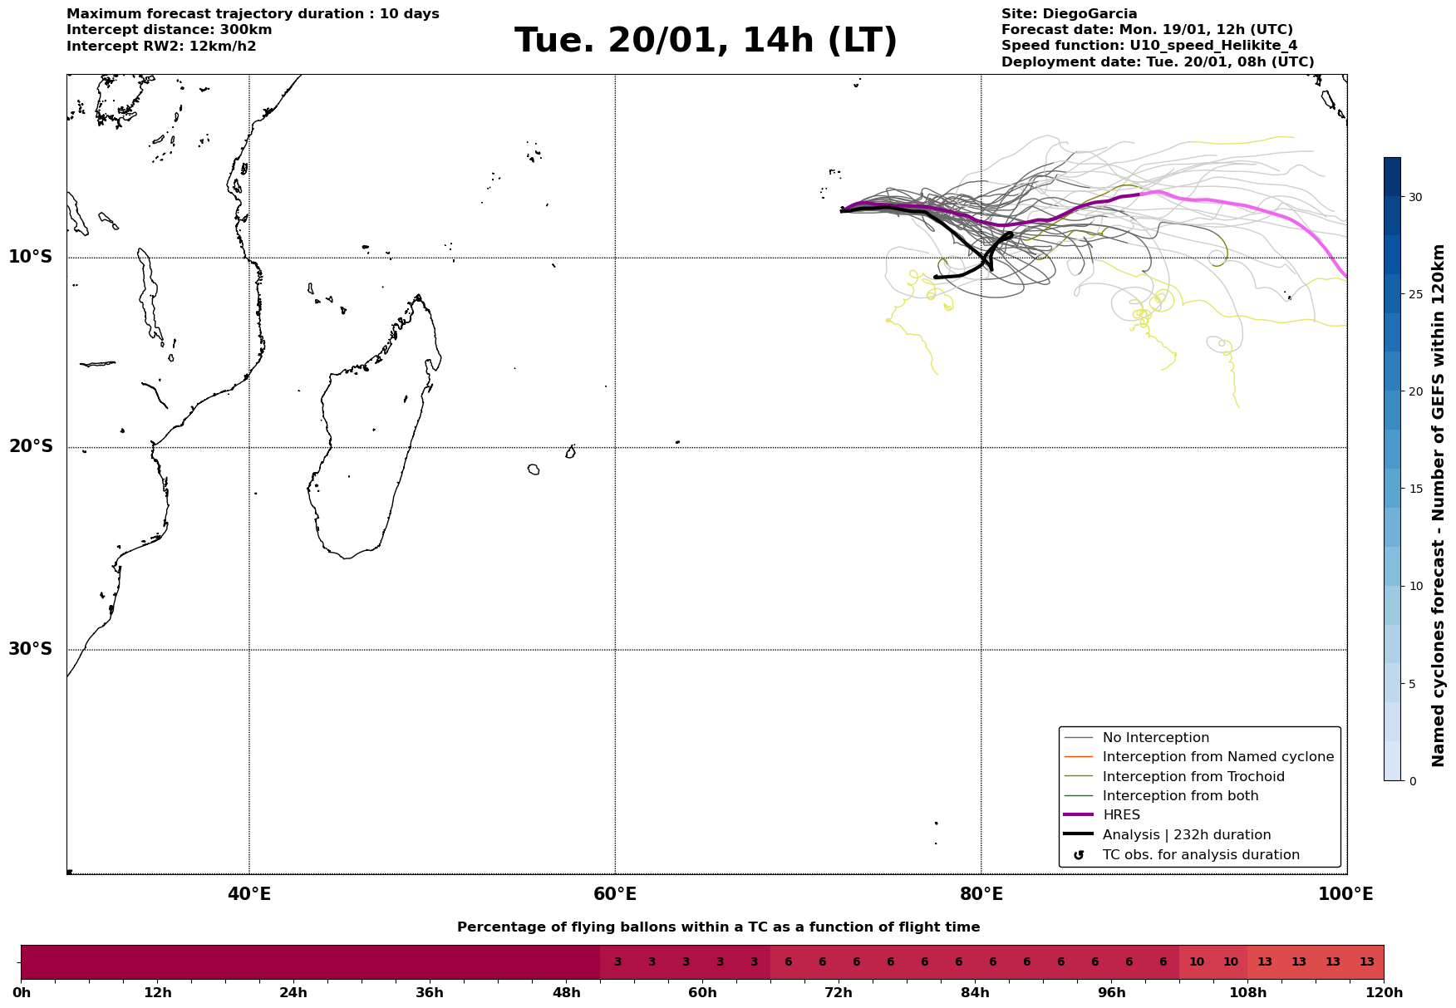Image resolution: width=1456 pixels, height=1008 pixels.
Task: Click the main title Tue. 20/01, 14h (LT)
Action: pyautogui.click(x=706, y=41)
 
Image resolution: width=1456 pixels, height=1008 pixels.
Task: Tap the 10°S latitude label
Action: pyautogui.click(x=31, y=257)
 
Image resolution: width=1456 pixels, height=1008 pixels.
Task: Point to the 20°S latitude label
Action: pyautogui.click(x=31, y=447)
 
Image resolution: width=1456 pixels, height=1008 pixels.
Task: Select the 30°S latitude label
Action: pyautogui.click(x=31, y=649)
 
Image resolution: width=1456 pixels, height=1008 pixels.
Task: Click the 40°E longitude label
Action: pyautogui.click(x=249, y=894)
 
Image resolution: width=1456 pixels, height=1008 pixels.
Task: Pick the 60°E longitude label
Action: pyautogui.click(x=615, y=894)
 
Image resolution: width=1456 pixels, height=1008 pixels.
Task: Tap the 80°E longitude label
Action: pyautogui.click(x=981, y=894)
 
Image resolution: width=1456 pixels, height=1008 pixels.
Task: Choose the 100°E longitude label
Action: pyautogui.click(x=1345, y=894)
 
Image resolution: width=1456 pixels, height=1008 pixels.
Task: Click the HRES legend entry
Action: pyautogui.click(x=1121, y=815)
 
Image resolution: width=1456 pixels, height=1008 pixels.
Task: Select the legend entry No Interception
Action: pyautogui.click(x=1155, y=738)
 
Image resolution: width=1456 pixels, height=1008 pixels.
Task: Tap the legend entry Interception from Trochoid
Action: pyautogui.click(x=1193, y=777)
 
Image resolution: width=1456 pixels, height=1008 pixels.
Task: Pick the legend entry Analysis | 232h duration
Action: pyautogui.click(x=1186, y=835)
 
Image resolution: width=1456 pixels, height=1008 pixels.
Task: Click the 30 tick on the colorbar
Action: pyautogui.click(x=1414, y=197)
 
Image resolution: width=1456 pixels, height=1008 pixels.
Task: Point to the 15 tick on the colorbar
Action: pyautogui.click(x=1414, y=489)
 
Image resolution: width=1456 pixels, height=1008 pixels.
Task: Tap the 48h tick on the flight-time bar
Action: pyautogui.click(x=566, y=992)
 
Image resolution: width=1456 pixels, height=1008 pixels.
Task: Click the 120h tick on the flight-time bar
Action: pyautogui.click(x=1384, y=992)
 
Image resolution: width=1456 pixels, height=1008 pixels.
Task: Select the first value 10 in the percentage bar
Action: pyautogui.click(x=1197, y=962)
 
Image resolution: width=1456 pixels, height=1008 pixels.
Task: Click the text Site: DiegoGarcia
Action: pyautogui.click(x=1069, y=14)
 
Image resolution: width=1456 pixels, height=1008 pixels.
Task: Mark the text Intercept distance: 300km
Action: pyautogui.click(x=169, y=30)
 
